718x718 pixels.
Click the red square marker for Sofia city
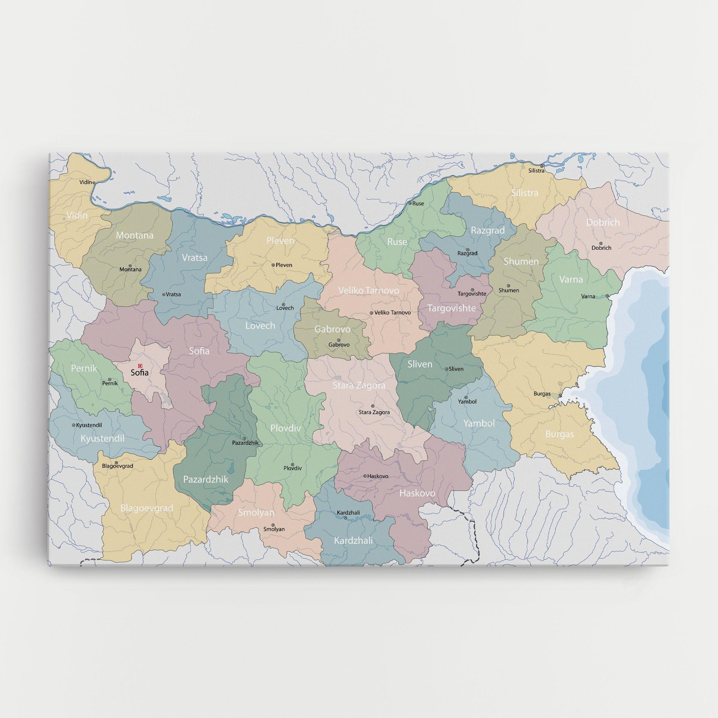point(140,366)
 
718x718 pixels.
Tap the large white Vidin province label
point(77,215)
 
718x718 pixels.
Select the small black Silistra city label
point(536,171)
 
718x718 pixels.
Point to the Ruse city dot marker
point(410,203)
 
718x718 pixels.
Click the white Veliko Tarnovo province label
point(368,291)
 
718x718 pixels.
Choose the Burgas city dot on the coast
point(560,396)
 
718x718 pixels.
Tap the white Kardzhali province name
point(353,540)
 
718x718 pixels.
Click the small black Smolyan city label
point(274,529)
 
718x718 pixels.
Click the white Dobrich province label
point(603,222)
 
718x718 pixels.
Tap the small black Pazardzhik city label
point(245,443)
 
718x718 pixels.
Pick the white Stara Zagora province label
point(359,385)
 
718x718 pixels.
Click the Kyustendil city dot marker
point(74,425)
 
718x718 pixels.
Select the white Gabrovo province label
point(333,329)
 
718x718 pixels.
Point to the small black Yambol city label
point(467,402)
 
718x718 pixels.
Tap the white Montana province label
point(135,235)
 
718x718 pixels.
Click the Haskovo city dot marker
point(365,476)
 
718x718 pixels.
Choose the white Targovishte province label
point(452,308)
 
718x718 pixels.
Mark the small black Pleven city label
point(284,265)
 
